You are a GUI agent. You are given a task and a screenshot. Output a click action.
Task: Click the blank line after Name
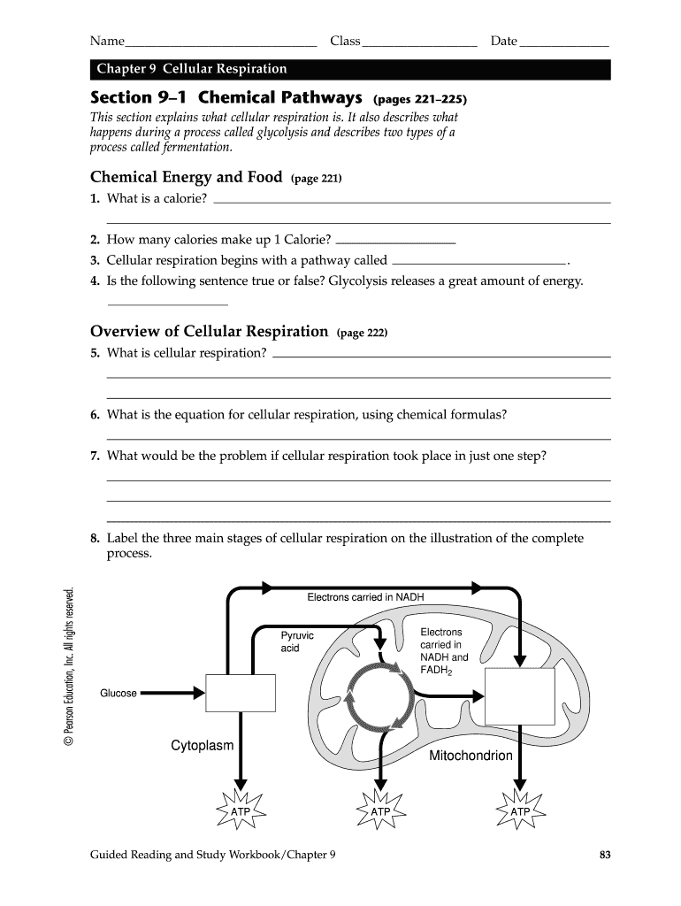(221, 42)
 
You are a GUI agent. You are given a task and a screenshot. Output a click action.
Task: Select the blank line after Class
(419, 42)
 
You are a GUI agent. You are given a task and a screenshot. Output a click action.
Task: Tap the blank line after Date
(564, 42)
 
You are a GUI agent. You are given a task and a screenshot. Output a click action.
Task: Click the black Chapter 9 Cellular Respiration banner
(350, 69)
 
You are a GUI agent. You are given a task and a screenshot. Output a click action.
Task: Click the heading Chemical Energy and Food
(187, 177)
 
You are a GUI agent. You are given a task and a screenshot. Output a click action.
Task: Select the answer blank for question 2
(396, 240)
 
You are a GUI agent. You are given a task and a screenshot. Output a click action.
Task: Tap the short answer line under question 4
(167, 303)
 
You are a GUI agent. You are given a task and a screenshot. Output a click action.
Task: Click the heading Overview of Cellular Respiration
(210, 332)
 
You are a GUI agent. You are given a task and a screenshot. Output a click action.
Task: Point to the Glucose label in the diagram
(119, 693)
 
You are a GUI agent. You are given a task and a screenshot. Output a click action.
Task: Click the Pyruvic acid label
(296, 641)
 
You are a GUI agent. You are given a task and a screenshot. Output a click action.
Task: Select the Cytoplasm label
(203, 745)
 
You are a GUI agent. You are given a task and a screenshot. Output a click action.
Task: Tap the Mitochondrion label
(471, 756)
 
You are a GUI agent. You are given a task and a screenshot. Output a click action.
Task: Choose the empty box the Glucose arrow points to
(234, 693)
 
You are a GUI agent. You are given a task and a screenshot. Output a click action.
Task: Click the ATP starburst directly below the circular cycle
(380, 810)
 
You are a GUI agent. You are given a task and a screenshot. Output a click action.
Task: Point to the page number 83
(605, 855)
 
